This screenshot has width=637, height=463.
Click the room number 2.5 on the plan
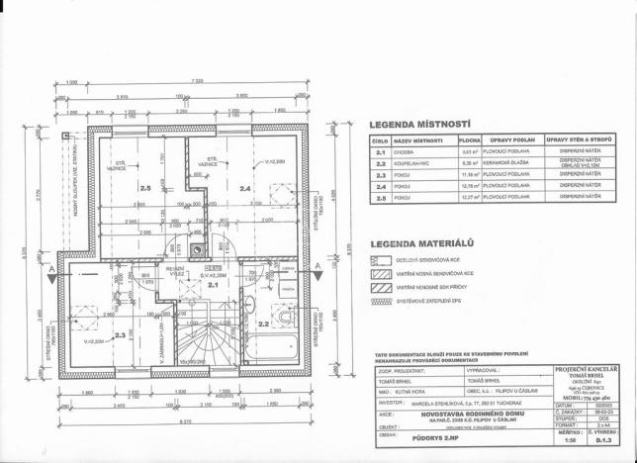click(145, 187)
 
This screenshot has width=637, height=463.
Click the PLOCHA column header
click(470, 141)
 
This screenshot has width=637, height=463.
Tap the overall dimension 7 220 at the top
click(199, 80)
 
